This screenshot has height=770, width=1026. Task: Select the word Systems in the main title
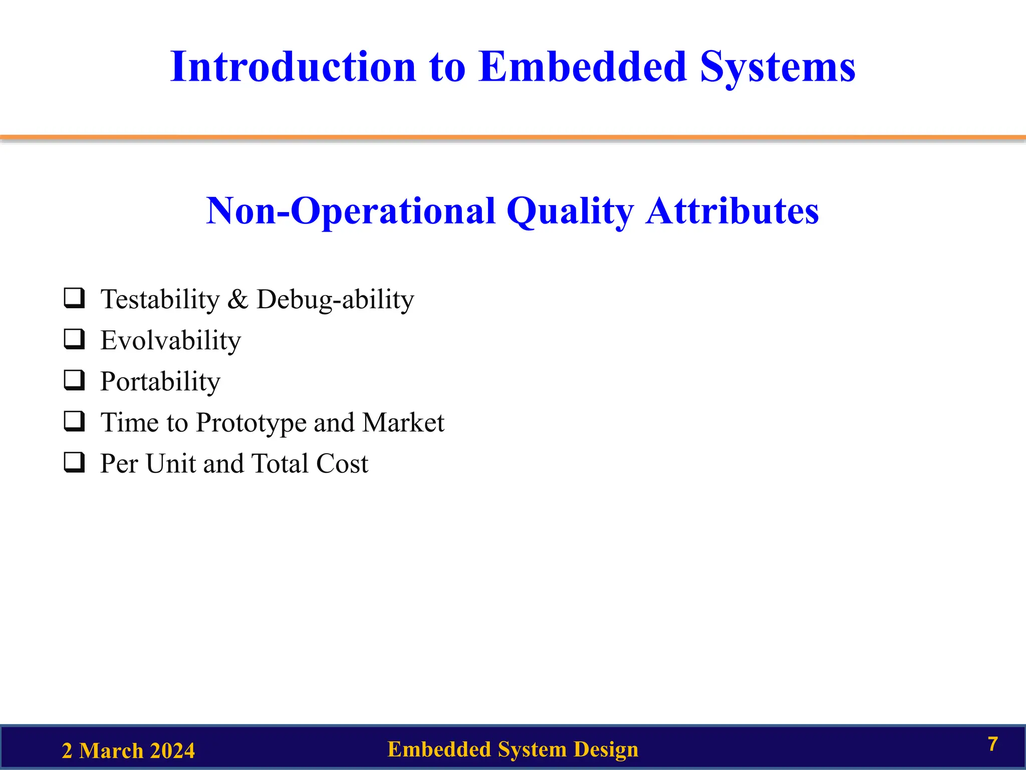[778, 68]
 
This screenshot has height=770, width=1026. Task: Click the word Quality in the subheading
[570, 212]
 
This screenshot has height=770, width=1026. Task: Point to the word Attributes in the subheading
[732, 211]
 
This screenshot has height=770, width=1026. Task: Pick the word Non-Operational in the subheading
[351, 212]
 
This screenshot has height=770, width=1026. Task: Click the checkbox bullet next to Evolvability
[74, 339]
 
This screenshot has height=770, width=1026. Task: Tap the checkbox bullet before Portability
[74, 380]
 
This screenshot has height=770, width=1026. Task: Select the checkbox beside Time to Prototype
[74, 421]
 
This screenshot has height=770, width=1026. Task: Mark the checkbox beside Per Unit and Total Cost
[74, 462]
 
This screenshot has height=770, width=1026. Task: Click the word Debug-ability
[335, 300]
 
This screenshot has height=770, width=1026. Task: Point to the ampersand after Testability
[237, 300]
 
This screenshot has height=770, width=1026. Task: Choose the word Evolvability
[171, 341]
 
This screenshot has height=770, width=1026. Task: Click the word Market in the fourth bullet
[403, 422]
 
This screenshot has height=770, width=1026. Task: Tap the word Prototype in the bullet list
[250, 423]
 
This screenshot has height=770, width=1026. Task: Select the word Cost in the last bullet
[342, 463]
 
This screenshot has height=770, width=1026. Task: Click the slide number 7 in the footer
[993, 744]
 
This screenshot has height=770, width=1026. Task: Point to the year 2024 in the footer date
[172, 751]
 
